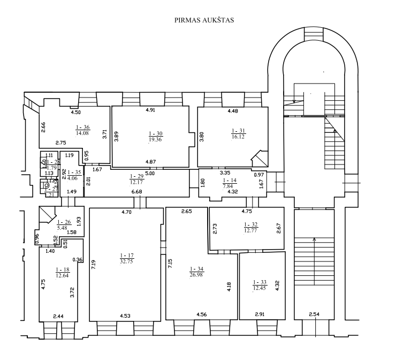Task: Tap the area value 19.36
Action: pos(155,139)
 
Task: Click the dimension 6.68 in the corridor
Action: pos(136,192)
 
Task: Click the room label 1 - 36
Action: pos(82,127)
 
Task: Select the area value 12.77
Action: pos(251,231)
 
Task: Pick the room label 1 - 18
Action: pos(63,270)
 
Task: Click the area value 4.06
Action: pos(73,179)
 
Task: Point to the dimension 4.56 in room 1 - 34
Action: pos(203,314)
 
